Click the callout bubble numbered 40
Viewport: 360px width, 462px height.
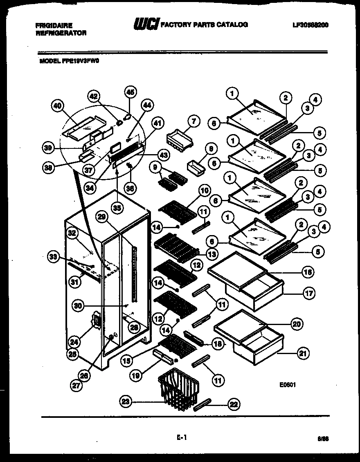[58, 106]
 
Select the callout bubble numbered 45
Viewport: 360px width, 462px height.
[130, 92]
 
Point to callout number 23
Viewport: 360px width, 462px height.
[125, 402]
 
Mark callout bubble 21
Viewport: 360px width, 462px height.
[303, 353]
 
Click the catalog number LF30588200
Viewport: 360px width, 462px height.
[310, 25]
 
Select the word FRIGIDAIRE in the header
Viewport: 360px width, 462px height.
[54, 25]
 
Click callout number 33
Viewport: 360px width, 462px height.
[54, 257]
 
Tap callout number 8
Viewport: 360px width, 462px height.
[211, 149]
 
